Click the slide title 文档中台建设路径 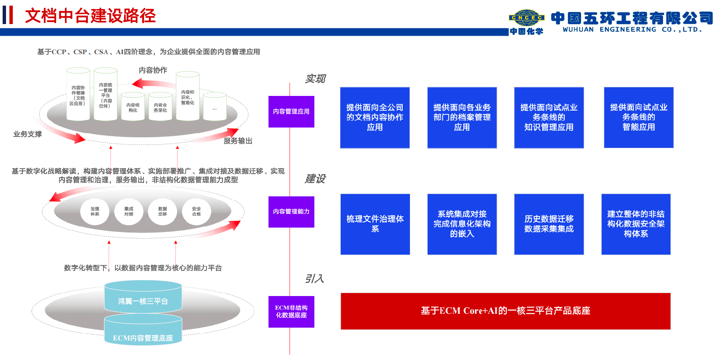click(x=90, y=16)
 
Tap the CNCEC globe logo click(x=526, y=18)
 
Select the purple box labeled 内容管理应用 click(x=291, y=111)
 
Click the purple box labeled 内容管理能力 click(x=291, y=211)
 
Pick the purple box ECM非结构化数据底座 click(x=291, y=311)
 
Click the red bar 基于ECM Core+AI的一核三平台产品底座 click(x=505, y=311)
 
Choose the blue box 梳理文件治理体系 click(x=375, y=224)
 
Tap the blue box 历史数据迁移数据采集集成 click(x=549, y=224)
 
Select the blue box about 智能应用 click(x=639, y=117)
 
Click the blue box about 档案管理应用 click(x=462, y=117)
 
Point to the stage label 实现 click(x=315, y=79)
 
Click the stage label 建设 click(x=315, y=179)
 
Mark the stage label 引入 click(x=314, y=279)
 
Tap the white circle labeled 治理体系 click(x=95, y=211)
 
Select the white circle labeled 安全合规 click(x=196, y=211)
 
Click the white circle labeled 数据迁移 click(x=162, y=211)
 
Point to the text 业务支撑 click(x=27, y=134)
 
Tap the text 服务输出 click(x=238, y=141)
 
